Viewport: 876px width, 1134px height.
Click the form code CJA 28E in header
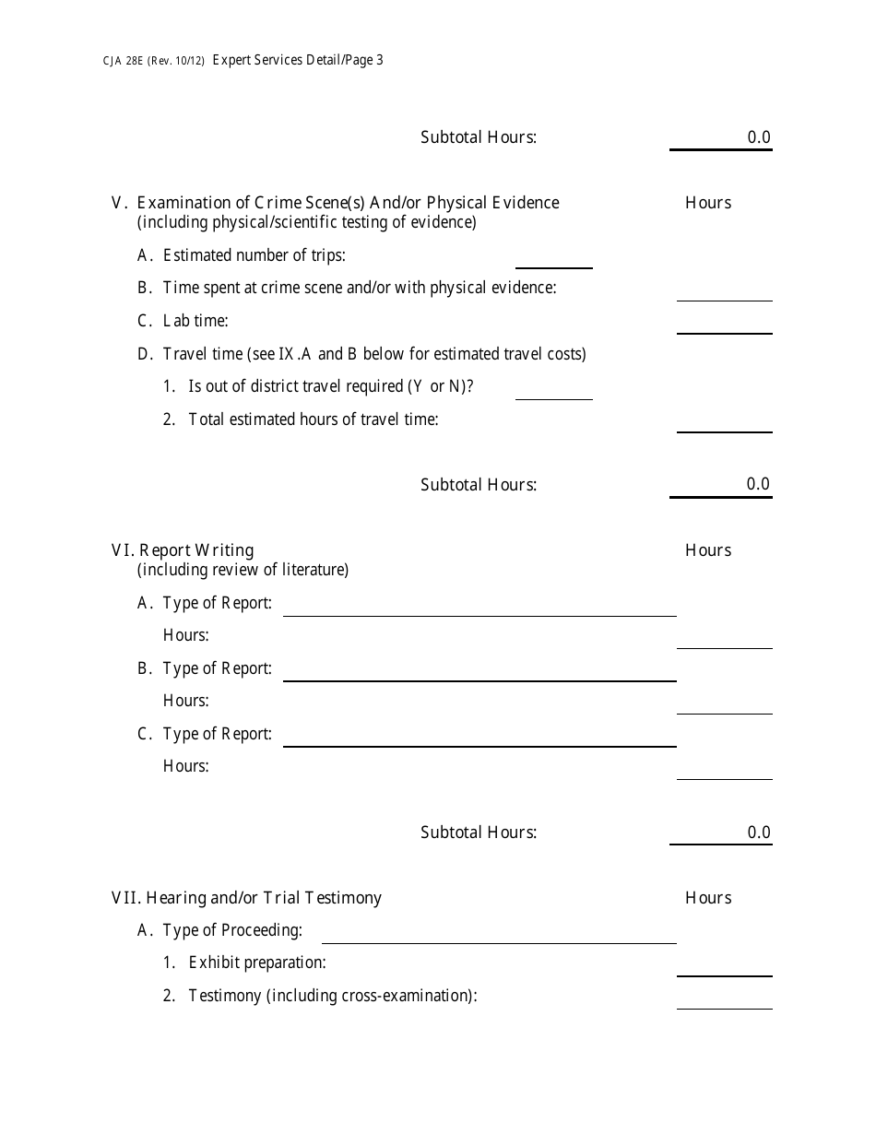[122, 62]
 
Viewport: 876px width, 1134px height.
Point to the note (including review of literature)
[243, 570]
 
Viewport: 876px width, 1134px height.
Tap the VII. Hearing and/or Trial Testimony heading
[246, 898]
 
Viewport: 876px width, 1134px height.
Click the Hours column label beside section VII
[708, 898]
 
